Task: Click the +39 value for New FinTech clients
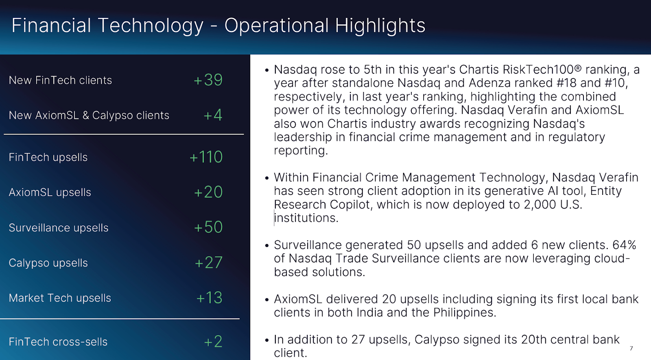208,80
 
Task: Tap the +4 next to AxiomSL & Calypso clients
213,115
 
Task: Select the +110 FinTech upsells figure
206,157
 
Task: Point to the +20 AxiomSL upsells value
208,192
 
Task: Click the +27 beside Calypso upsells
208,263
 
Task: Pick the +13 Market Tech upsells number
209,298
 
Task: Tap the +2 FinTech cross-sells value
213,342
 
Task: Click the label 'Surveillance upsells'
59,228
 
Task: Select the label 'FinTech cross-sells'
58,342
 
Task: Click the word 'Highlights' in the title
380,26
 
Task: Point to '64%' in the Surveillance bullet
624,245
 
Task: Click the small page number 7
631,348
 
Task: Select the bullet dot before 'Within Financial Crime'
267,178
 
